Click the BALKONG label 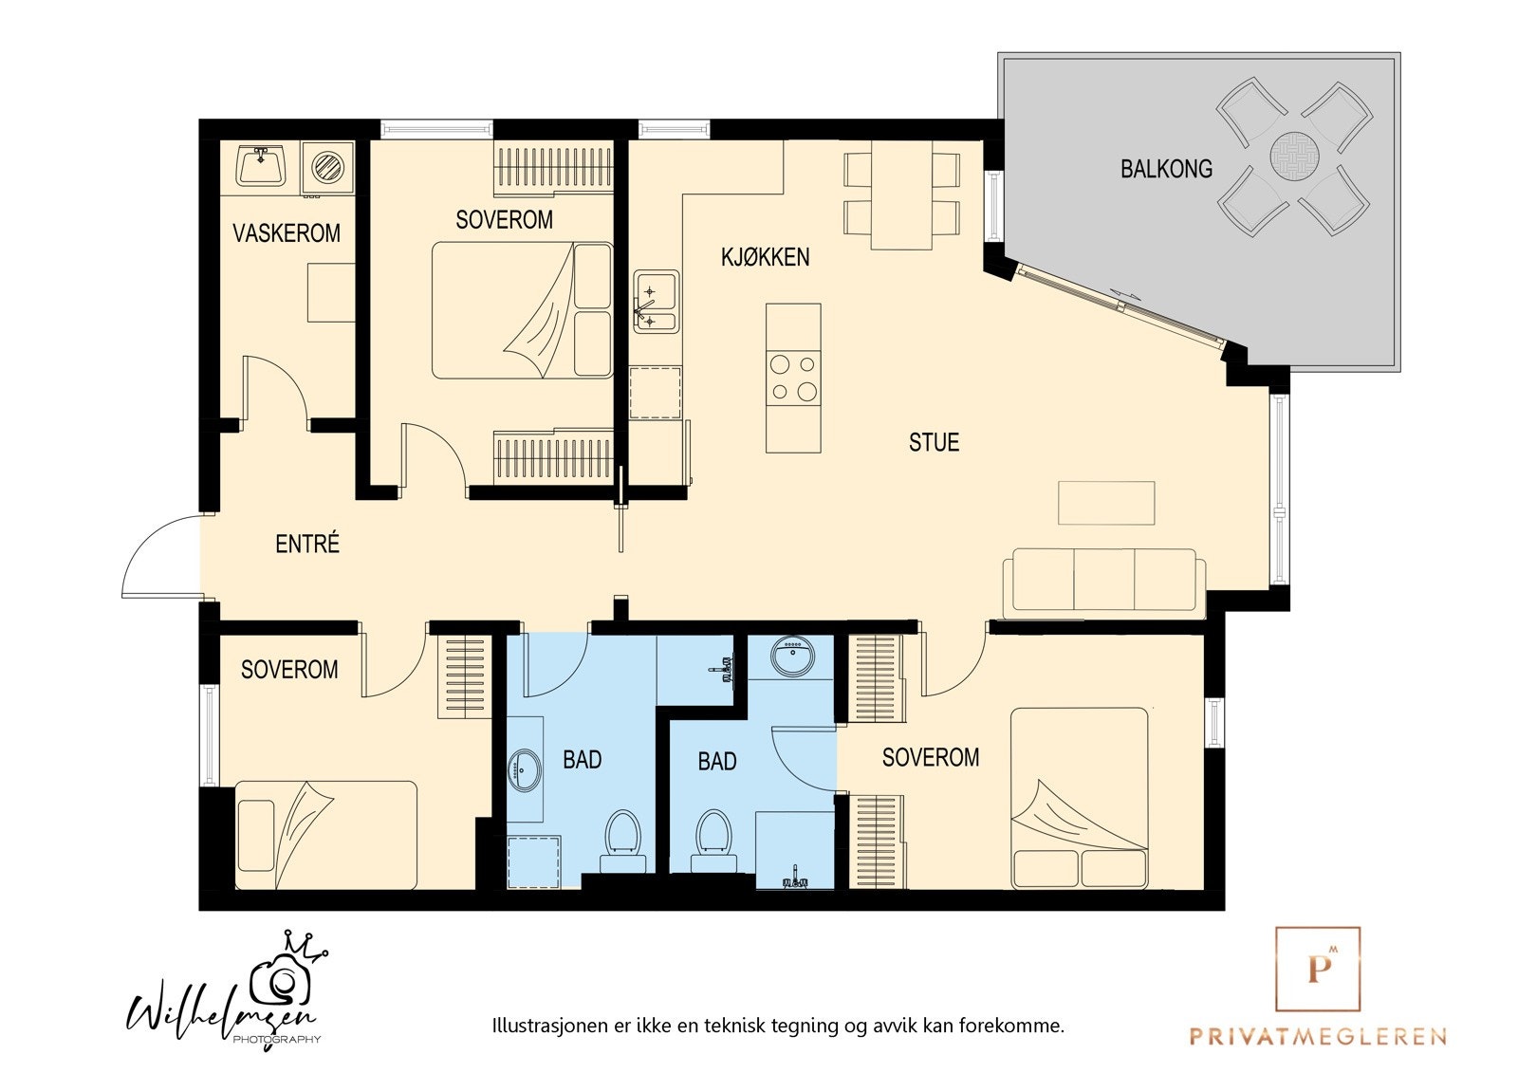coord(1166,169)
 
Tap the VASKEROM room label coord(287,233)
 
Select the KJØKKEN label coord(765,257)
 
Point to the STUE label coord(934,443)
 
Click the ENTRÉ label coord(307,544)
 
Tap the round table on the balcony coord(1294,156)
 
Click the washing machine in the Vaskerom coord(328,167)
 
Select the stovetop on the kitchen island coord(793,378)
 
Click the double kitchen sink coord(656,302)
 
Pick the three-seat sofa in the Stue coord(1104,583)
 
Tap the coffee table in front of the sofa coord(1106,503)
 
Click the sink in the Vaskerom coord(260,165)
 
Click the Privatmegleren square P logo coord(1318,970)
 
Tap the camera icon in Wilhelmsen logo coord(279,982)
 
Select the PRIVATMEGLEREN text coord(1318,1036)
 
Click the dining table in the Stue coord(901,195)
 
